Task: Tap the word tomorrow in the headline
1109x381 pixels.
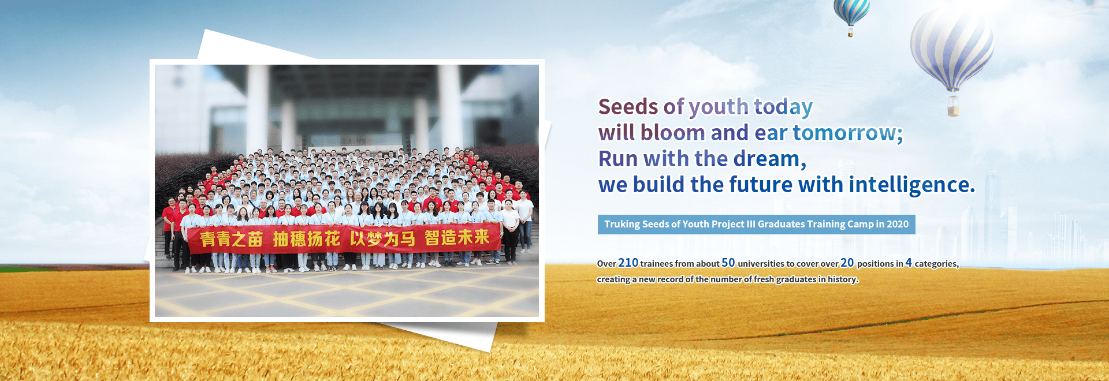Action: [x=844, y=133]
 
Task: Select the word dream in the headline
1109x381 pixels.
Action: [x=766, y=159]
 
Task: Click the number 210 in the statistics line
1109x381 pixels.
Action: [x=628, y=263]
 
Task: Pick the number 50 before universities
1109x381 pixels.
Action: [x=728, y=263]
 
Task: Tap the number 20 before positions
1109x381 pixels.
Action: [x=847, y=263]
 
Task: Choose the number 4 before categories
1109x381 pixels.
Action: [x=909, y=263]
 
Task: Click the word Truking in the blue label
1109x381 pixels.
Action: [x=622, y=224]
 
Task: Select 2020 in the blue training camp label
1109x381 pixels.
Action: [x=898, y=224]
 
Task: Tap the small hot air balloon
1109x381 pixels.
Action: [x=851, y=14]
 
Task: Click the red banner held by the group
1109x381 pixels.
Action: [x=344, y=238]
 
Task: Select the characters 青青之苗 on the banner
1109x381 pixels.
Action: [x=231, y=239]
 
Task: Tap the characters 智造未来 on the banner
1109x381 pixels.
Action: [x=457, y=237]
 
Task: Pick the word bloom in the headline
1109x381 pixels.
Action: [x=673, y=133]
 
